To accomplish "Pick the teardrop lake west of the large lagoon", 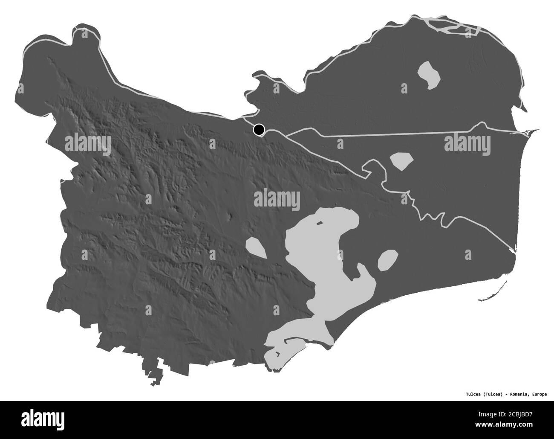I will pyautogui.click(x=256, y=248).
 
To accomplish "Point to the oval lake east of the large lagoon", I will pyautogui.click(x=388, y=259).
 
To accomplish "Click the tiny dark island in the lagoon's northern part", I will pyautogui.click(x=319, y=223).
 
